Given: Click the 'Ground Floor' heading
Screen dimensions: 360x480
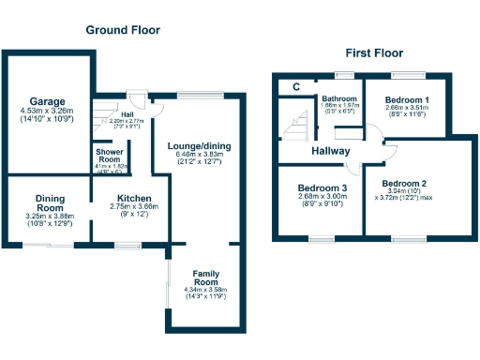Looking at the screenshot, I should [x=123, y=30].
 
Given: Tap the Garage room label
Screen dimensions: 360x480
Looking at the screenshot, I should [x=46, y=100].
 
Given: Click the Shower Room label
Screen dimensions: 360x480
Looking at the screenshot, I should [x=111, y=155].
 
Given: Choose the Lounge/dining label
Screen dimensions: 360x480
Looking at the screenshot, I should [x=199, y=146].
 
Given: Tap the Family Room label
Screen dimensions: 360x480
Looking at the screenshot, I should [x=205, y=277].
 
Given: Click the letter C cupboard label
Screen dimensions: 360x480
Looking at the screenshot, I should [x=295, y=87].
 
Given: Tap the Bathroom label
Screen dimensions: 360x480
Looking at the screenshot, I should [x=338, y=97].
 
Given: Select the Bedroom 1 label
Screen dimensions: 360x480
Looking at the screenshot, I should [x=407, y=98].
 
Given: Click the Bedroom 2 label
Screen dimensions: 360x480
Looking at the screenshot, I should [x=406, y=182].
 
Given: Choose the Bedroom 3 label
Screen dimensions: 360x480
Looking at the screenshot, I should [x=322, y=187].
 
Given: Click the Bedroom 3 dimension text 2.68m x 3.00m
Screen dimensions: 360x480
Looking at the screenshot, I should [x=322, y=197].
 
